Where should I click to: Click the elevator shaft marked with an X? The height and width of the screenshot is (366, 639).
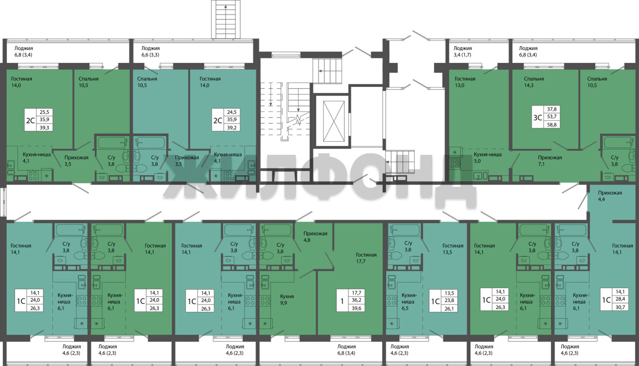333,121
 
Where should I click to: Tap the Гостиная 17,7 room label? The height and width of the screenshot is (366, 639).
366,258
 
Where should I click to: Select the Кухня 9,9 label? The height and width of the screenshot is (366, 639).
287,300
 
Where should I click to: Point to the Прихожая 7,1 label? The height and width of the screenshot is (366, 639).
550,161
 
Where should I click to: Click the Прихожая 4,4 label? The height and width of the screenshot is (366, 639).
610,196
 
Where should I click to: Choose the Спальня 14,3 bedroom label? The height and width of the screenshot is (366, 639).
534,82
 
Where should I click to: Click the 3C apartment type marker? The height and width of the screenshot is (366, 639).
538,117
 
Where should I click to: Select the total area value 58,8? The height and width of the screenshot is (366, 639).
552,125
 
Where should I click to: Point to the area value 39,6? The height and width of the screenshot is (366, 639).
356,308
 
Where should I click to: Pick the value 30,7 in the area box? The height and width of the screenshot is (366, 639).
620,307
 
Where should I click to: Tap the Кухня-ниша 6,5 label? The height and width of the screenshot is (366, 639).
409,302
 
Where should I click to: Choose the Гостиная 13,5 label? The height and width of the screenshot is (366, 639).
453,249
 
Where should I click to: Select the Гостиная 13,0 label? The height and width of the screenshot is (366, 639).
465,82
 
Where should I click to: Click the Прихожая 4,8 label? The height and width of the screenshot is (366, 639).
315,237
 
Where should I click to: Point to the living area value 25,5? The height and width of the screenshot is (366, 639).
44,112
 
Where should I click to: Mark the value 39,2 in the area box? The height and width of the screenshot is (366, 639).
232,127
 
